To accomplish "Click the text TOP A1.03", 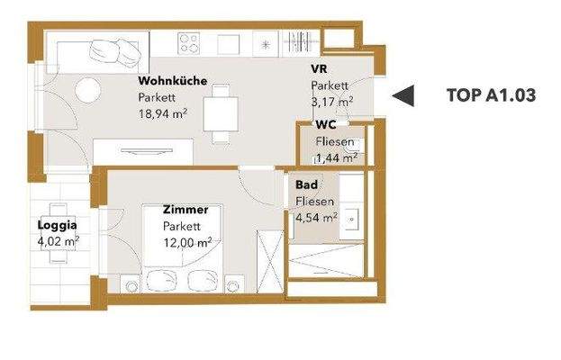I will click(491, 94).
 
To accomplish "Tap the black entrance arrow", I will click(407, 94).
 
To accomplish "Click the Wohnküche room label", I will click(173, 81).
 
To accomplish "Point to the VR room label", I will click(318, 69).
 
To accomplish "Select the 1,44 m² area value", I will click(336, 157).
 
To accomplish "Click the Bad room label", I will click(305, 185).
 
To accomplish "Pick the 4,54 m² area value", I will click(316, 216).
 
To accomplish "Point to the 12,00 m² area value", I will click(187, 241).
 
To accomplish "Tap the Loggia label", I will click(57, 226).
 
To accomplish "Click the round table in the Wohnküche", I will click(87, 90).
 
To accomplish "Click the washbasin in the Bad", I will click(354, 217).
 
